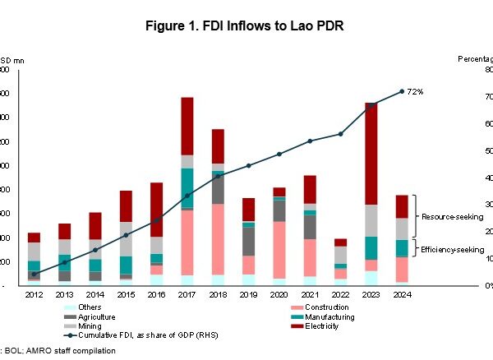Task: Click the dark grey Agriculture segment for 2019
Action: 248,241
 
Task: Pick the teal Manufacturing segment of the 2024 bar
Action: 402,248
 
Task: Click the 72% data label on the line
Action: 416,91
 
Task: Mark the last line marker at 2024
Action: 402,91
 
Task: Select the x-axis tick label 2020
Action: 279,293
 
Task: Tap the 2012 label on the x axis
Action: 34,293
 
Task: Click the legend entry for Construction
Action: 321,307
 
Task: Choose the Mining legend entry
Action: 89,325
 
